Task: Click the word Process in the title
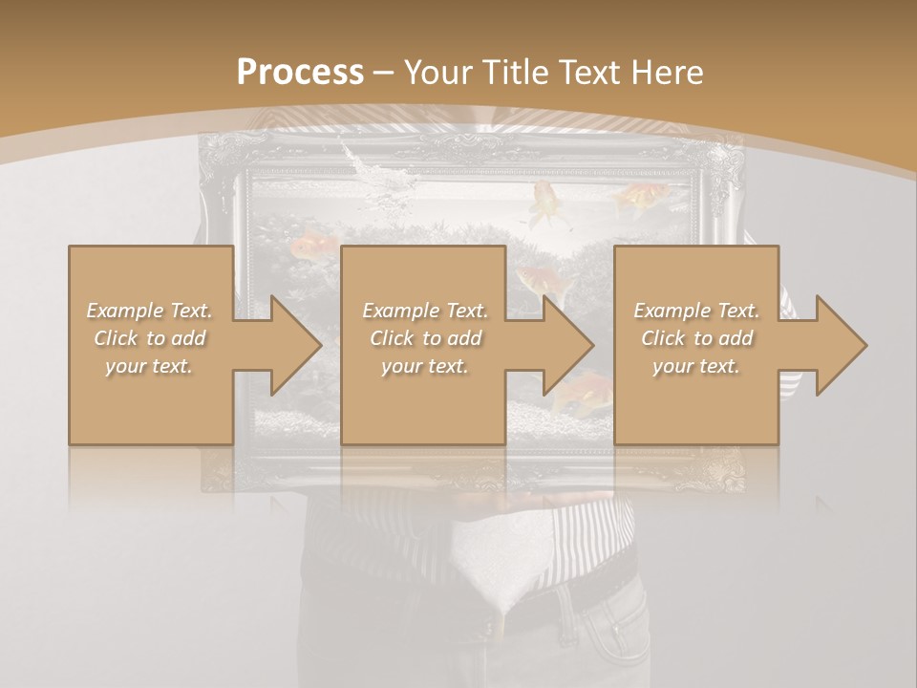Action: click(x=300, y=73)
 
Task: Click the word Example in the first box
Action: click(x=125, y=311)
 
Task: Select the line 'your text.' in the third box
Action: click(x=695, y=366)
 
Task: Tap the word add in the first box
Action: click(x=187, y=338)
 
